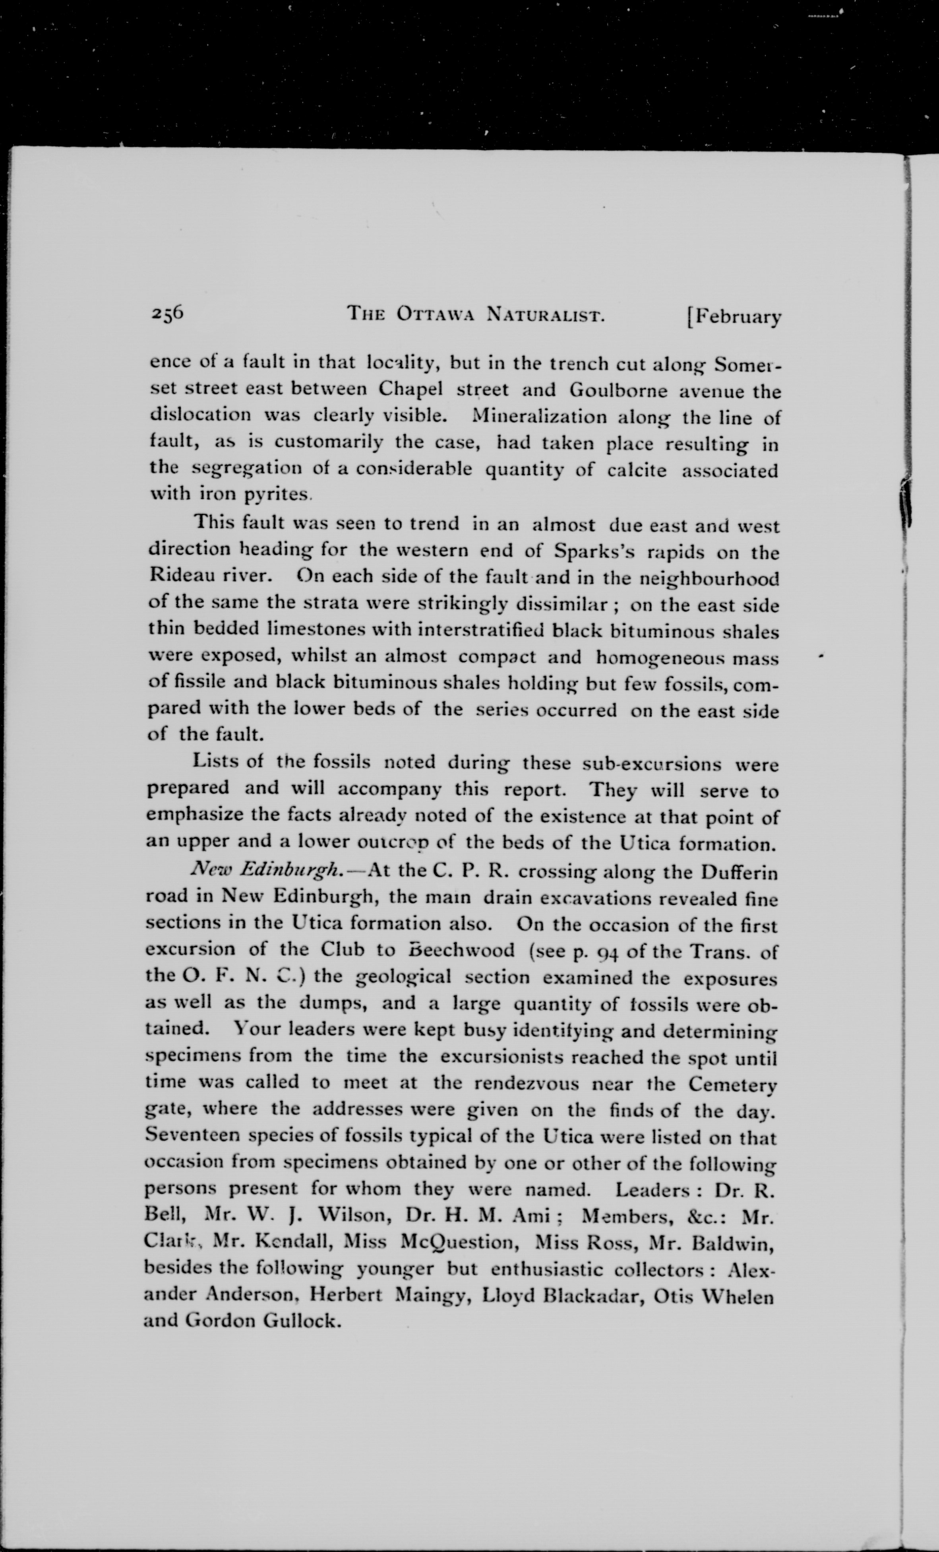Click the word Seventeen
(191, 1137)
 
